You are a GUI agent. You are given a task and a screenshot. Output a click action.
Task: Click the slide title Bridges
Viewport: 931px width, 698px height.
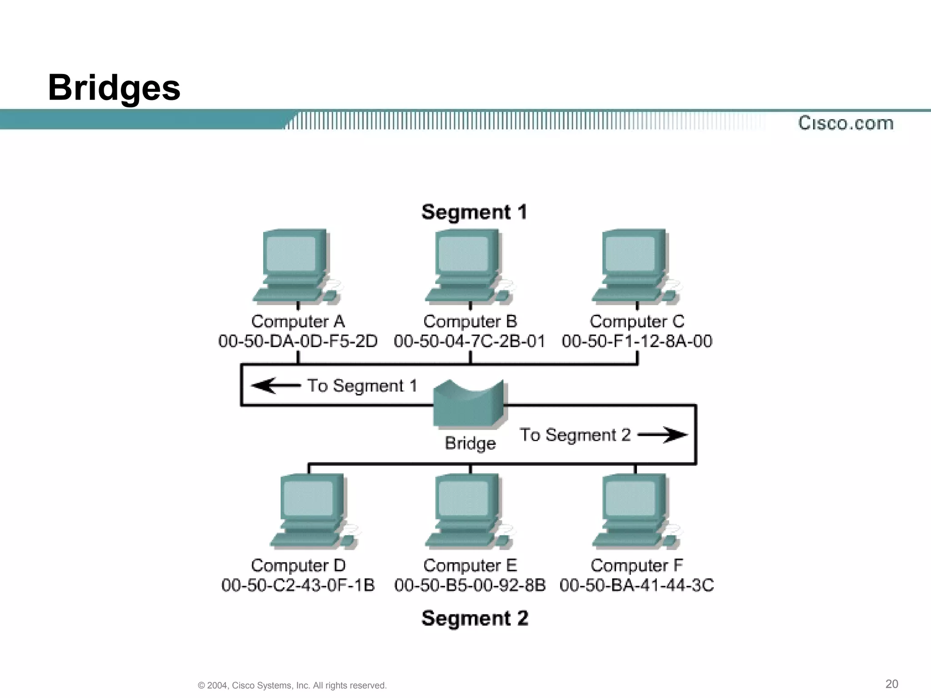click(114, 87)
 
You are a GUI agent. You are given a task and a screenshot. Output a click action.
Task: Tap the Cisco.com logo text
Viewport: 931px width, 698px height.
click(846, 123)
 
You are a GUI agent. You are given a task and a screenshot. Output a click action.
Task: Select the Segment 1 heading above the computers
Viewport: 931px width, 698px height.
click(474, 212)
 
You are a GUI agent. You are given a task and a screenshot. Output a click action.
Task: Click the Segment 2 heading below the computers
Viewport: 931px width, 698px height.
click(475, 618)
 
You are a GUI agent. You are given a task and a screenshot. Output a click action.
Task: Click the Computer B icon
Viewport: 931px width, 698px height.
click(468, 266)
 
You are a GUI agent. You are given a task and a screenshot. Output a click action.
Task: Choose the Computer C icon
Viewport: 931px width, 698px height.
click(636, 266)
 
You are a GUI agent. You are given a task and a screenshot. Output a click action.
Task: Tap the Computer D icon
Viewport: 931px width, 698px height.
click(313, 511)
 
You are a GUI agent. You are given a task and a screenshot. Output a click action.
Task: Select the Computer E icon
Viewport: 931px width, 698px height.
click(468, 511)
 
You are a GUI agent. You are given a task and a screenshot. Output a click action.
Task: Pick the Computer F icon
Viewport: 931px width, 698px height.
click(636, 511)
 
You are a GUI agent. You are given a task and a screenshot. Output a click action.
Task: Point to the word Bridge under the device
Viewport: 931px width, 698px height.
click(470, 443)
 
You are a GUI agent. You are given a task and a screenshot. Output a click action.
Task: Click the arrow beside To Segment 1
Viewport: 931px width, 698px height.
click(275, 386)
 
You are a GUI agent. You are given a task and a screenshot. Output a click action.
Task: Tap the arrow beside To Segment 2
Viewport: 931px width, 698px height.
click(663, 435)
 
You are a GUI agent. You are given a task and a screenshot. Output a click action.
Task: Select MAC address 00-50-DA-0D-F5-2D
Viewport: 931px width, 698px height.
click(298, 341)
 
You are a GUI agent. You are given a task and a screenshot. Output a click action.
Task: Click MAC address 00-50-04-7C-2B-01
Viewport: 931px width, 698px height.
click(469, 341)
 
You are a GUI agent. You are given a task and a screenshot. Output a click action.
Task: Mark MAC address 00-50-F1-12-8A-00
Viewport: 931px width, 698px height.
click(636, 341)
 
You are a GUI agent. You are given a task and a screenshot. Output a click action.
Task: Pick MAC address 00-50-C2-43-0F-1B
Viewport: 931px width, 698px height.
click(298, 585)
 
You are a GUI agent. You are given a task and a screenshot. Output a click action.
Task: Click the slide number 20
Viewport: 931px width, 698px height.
click(891, 684)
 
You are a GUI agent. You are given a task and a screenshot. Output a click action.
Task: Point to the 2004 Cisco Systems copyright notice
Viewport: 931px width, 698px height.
click(292, 685)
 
